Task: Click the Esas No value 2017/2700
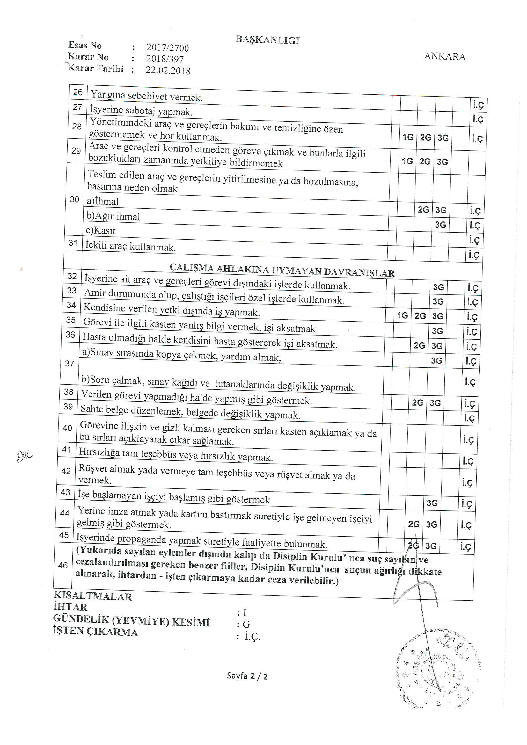pyautogui.click(x=167, y=48)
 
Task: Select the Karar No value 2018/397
pyautogui.click(x=165, y=59)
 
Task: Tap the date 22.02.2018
pyautogui.click(x=168, y=70)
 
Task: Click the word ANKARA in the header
pyautogui.click(x=444, y=56)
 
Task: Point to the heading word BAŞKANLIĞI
pyautogui.click(x=267, y=40)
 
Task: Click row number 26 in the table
pyautogui.click(x=78, y=92)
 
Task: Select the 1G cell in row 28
pyautogui.click(x=408, y=137)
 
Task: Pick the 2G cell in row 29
pyautogui.click(x=425, y=162)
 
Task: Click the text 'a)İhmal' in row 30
pyautogui.click(x=103, y=201)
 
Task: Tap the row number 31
pyautogui.click(x=73, y=243)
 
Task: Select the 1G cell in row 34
pyautogui.click(x=402, y=315)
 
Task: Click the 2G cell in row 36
pyautogui.click(x=419, y=345)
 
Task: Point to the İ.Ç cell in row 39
pyautogui.click(x=470, y=418)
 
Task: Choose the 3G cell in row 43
pyautogui.click(x=432, y=503)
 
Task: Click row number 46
pyautogui.click(x=63, y=565)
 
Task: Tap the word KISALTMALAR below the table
pyautogui.click(x=93, y=597)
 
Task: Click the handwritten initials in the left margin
pyautogui.click(x=24, y=457)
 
